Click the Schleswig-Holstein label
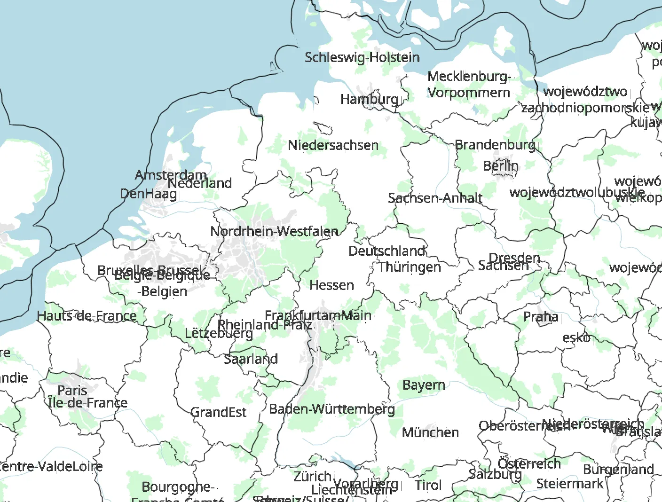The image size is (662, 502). (362, 57)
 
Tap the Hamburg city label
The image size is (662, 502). (369, 99)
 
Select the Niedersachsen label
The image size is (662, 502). (333, 145)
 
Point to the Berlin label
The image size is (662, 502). (500, 166)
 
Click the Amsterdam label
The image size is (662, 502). (171, 175)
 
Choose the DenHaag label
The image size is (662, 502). (149, 194)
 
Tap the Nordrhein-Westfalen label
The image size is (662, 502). (274, 231)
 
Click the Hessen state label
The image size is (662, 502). (331, 285)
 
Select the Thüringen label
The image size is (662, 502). (410, 267)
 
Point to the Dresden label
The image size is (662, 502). (514, 258)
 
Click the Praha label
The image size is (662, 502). (541, 317)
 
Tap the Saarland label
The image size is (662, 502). (251, 359)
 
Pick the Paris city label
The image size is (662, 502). (72, 390)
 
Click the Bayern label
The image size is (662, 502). (424, 385)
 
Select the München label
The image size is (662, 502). (430, 432)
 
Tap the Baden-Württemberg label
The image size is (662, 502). (332, 409)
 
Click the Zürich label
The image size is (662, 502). (312, 476)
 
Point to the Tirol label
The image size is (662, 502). (428, 485)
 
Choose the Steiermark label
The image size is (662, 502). (569, 484)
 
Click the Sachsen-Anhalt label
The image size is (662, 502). (435, 198)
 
